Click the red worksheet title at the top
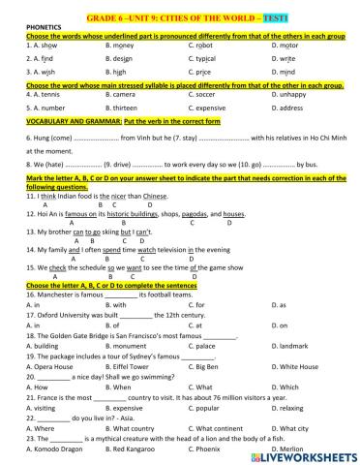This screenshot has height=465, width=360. pyautogui.click(x=180, y=9)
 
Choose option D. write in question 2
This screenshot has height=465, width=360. pyautogui.click(x=285, y=58)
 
